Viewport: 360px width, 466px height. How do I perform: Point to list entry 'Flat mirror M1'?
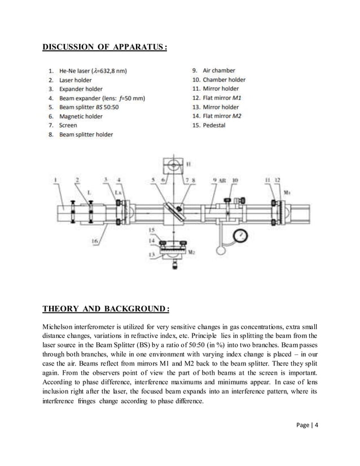pos(221,98)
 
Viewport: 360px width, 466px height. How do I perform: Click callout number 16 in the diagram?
pos(96,241)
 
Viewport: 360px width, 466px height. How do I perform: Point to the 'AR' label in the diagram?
pos(222,181)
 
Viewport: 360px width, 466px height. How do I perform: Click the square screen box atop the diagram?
pos(174,166)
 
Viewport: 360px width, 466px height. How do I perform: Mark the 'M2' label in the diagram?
pos(190,252)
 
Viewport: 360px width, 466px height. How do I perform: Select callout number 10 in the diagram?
pos(235,181)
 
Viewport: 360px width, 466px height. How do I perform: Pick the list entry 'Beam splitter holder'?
pos(86,134)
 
